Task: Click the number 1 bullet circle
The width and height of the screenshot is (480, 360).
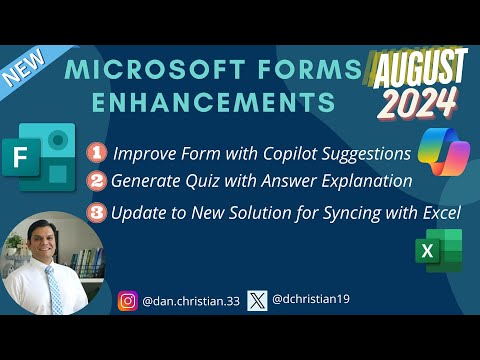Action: [x=97, y=154]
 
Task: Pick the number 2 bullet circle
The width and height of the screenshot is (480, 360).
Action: [x=97, y=182]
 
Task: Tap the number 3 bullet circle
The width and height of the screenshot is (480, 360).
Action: [x=97, y=213]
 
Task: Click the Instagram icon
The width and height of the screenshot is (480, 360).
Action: [x=128, y=299]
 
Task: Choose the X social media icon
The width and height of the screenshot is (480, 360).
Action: [x=257, y=299]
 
